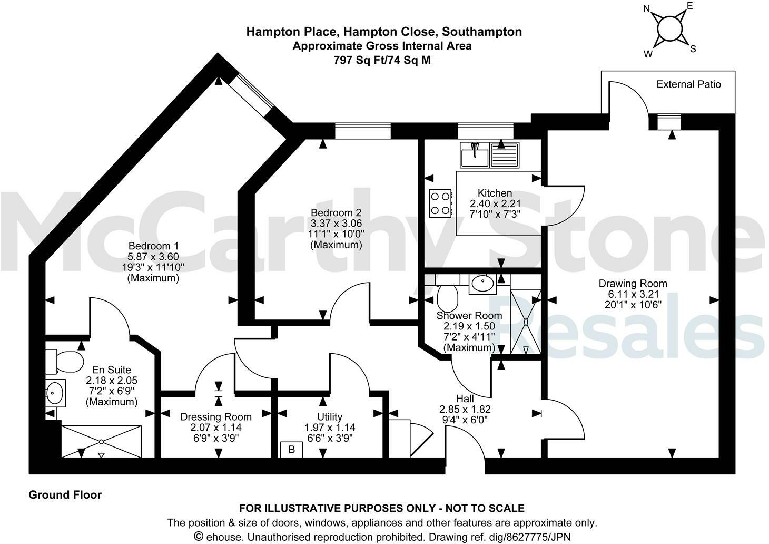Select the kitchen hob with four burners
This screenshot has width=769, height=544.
click(441, 203)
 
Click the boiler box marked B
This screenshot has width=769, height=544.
click(291, 450)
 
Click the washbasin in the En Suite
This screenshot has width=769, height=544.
click(55, 392)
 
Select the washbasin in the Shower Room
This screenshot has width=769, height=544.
click(482, 284)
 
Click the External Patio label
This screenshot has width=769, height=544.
click(688, 84)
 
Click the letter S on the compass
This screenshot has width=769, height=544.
click(693, 49)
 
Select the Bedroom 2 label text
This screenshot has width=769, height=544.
click(336, 213)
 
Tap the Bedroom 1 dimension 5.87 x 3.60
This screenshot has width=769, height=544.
click(153, 257)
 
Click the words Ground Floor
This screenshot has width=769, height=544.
click(65, 494)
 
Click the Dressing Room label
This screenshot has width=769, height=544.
click(216, 416)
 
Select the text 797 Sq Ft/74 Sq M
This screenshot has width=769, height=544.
click(382, 60)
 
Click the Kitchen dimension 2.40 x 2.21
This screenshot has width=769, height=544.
click(494, 203)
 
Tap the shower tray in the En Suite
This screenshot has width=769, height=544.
click(101, 442)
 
